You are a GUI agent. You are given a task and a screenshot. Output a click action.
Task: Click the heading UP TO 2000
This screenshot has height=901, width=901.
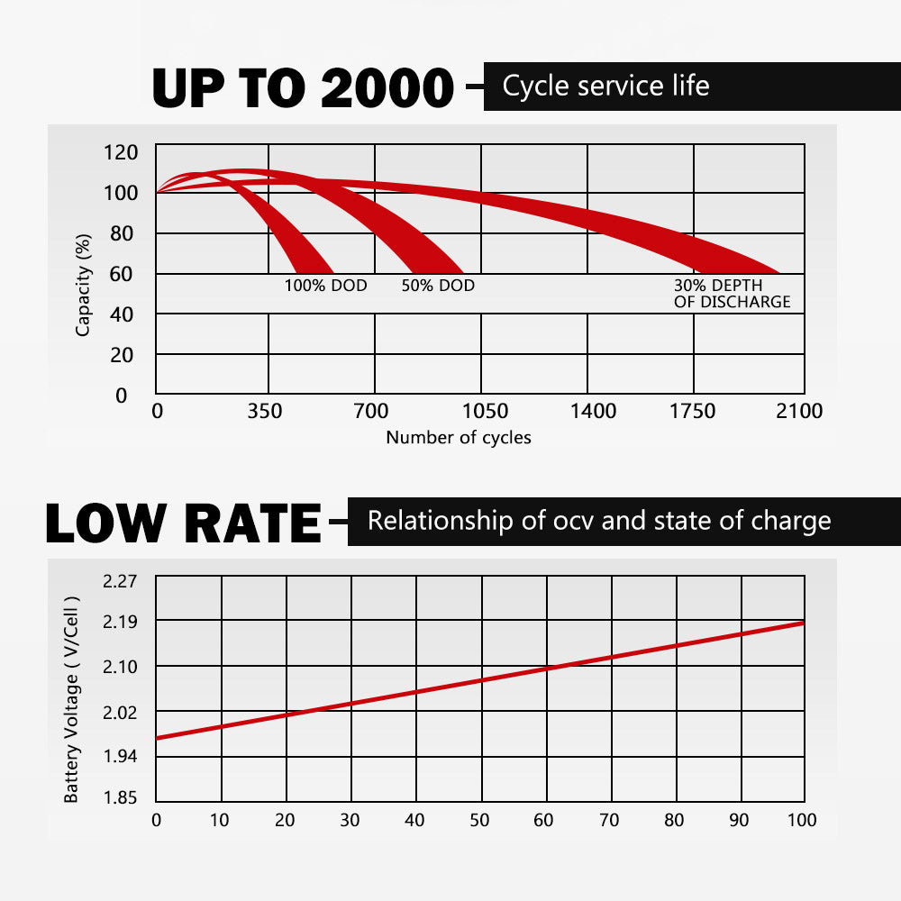[303, 88]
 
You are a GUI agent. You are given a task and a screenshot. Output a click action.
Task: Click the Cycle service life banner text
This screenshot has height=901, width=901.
[605, 86]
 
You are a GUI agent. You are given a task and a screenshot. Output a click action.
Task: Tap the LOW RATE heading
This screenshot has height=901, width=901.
[183, 523]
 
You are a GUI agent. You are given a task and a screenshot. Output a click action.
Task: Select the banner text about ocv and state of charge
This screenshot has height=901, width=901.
[598, 521]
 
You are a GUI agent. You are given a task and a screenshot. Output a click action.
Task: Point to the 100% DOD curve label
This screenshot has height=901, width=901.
[326, 286]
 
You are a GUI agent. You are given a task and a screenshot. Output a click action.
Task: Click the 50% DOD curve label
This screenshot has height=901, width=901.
[438, 286]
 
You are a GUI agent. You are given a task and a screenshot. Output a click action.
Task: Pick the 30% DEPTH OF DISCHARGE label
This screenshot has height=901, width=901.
[732, 294]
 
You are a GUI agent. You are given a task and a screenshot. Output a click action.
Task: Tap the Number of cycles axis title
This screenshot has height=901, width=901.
[459, 438]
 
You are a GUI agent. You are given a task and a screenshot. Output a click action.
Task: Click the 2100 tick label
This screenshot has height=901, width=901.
[800, 412]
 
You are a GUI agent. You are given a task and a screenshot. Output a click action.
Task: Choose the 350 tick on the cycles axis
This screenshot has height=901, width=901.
[265, 412]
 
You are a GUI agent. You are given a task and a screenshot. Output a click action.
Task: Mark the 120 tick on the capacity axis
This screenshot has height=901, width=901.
[123, 152]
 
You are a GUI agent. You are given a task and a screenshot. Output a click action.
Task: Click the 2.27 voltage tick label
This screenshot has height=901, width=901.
[120, 581]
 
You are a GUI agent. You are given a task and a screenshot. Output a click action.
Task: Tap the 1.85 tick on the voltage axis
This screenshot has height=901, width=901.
[120, 797]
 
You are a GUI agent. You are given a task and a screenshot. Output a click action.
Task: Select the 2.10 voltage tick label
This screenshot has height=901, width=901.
[120, 667]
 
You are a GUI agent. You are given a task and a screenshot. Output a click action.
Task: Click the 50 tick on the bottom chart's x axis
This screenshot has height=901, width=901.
[480, 820]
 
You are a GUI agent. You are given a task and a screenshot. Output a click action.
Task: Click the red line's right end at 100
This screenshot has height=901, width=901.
[802, 623]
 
